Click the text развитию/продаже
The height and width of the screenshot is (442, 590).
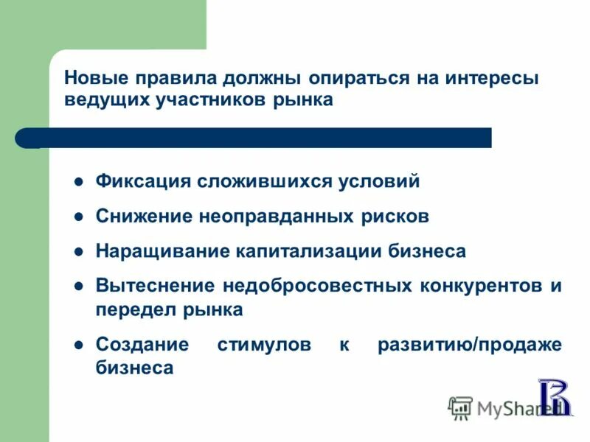470,345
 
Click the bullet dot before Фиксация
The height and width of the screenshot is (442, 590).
78,182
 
